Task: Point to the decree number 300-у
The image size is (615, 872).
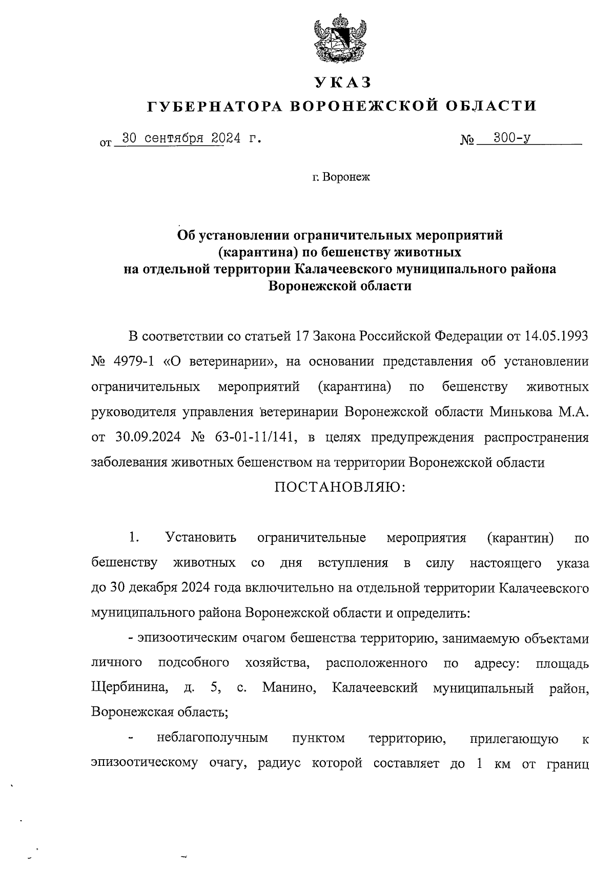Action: [x=511, y=138]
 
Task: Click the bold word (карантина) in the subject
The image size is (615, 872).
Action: [x=250, y=252]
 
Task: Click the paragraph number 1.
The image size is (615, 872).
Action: [x=133, y=538]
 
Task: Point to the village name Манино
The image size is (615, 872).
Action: [x=289, y=687]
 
